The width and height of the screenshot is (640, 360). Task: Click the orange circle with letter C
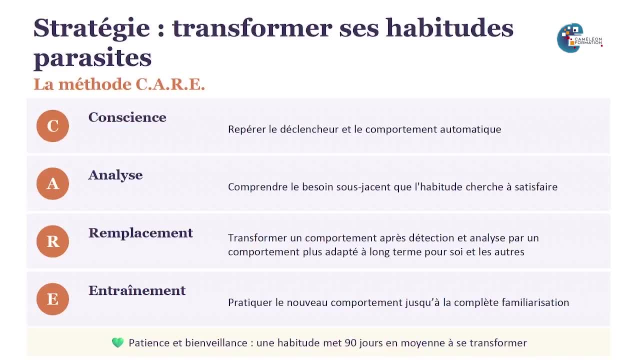[52, 126]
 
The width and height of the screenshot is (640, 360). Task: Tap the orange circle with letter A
[52, 183]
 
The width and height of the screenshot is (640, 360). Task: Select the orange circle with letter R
[52, 241]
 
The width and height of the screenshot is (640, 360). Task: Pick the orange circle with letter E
[52, 299]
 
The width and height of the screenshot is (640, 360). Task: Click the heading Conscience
[127, 117]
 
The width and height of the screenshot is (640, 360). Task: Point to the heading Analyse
[115, 175]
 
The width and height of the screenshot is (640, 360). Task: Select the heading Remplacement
[140, 233]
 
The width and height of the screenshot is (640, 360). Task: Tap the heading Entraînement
[137, 290]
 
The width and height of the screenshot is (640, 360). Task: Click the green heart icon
[117, 343]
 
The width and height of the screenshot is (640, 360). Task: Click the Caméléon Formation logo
[579, 38]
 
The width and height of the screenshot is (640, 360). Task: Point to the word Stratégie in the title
[91, 28]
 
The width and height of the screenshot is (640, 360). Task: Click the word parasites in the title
[92, 58]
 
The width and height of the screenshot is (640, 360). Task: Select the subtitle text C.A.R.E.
[170, 84]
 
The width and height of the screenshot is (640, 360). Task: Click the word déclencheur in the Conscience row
[309, 129]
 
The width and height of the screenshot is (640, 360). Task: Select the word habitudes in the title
[449, 28]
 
